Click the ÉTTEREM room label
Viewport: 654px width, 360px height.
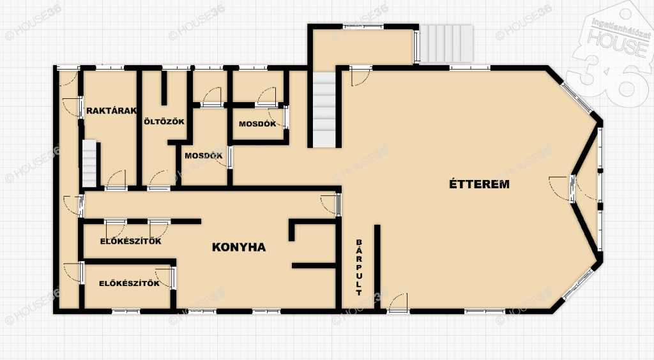479,184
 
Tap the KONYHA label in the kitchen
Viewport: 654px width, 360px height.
239,247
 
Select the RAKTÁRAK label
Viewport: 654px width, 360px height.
111,111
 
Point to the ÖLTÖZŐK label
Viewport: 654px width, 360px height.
164,122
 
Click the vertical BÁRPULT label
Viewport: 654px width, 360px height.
359,267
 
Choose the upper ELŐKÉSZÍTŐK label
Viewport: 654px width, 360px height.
130,241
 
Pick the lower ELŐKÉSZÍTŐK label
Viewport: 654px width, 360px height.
129,283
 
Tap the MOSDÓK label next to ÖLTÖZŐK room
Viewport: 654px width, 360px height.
204,156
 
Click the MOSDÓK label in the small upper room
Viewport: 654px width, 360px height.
257,124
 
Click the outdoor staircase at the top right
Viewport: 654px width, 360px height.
446,44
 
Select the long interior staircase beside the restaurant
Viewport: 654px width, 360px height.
324,110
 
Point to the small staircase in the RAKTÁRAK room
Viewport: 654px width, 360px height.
89,163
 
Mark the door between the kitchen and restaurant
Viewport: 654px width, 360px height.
331,204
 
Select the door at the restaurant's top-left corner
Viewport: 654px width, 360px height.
360,76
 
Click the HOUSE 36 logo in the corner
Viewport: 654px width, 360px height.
612,54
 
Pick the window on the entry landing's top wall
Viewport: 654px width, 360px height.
363,27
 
